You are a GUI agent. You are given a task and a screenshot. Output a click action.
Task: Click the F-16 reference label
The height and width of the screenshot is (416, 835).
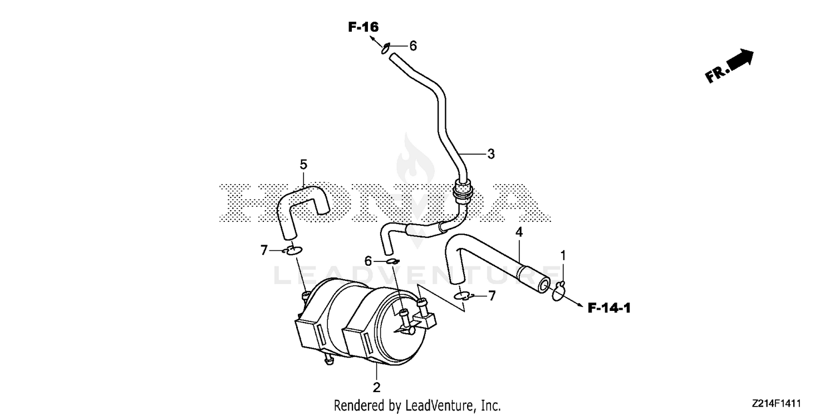pos(363,27)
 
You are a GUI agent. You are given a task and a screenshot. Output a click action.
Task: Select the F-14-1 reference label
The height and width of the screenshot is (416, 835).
pos(609,308)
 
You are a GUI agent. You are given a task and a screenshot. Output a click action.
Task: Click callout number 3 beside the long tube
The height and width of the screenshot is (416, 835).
pos(491,154)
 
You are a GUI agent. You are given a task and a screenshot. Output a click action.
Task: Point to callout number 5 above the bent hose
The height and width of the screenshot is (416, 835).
pos(303,164)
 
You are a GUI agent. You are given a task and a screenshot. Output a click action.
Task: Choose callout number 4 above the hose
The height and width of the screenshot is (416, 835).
pos(519,232)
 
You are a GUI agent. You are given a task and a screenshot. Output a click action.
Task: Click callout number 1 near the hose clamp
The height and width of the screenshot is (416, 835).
pos(563,256)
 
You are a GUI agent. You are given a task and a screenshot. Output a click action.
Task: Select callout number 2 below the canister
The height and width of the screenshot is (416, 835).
pos(376,387)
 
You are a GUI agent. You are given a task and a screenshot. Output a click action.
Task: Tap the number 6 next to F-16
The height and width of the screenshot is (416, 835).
pos(413,46)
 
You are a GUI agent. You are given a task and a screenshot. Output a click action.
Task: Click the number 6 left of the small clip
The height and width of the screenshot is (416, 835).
pos(368,261)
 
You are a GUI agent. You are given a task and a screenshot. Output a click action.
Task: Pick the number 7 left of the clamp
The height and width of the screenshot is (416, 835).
pos(264,250)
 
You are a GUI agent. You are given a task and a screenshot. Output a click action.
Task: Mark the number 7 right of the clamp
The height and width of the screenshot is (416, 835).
pos(492,296)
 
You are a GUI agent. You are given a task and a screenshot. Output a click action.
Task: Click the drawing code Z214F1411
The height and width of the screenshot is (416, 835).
pos(776,403)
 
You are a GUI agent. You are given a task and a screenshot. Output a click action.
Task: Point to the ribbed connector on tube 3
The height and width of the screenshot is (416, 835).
pos(462,191)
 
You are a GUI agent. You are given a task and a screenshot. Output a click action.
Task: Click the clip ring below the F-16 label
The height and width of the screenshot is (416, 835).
pos(385,48)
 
